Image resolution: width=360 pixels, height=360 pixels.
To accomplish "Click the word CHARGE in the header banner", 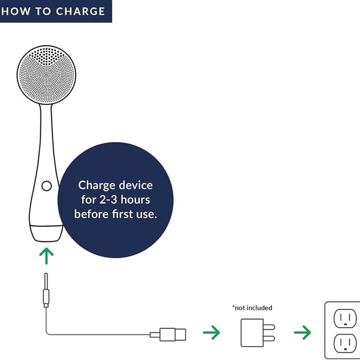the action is point(80,11).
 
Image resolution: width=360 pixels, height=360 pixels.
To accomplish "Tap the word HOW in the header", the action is point(16,11).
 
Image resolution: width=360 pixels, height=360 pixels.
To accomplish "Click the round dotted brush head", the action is point(47,75).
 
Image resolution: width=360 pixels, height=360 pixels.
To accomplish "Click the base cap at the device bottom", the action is point(47,233).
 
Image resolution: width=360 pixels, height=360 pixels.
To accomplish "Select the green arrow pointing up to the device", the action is point(47,256).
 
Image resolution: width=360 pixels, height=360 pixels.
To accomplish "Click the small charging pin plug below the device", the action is point(46,290).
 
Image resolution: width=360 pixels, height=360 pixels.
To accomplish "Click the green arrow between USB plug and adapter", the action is point(212,332).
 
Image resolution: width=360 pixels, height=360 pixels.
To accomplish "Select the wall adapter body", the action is point(252,333).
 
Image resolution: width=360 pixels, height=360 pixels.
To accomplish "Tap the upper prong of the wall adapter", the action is point(269,327).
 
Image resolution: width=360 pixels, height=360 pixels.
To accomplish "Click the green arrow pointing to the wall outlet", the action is point(303,332).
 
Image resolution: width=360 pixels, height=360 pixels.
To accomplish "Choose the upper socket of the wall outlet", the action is point(345,318).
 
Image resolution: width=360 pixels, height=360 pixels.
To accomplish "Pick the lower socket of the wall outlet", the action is point(345,343).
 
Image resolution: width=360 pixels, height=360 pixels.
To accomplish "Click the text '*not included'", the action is point(252,308).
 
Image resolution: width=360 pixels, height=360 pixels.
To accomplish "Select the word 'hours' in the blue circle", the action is point(135,199).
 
